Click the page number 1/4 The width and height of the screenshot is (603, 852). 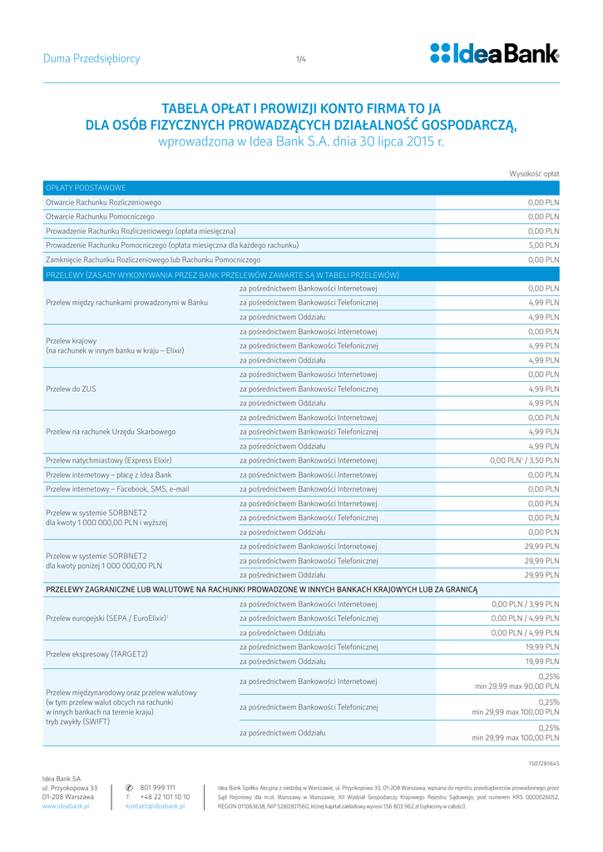click(x=301, y=59)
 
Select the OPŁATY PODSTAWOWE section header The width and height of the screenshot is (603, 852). click(x=86, y=188)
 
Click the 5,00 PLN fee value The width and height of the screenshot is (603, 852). click(x=544, y=245)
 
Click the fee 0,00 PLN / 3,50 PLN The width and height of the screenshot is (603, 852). click(x=525, y=460)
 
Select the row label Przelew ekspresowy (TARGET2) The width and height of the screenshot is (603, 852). click(x=96, y=654)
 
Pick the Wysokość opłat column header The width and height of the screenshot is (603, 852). click(x=534, y=173)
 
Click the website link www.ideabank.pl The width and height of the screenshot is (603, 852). click(x=66, y=806)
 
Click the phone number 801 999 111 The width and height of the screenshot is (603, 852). click(x=157, y=787)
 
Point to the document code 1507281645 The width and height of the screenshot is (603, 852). click(x=544, y=762)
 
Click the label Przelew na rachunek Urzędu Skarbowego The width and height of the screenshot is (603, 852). click(x=111, y=432)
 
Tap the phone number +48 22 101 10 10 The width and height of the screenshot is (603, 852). click(x=165, y=797)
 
